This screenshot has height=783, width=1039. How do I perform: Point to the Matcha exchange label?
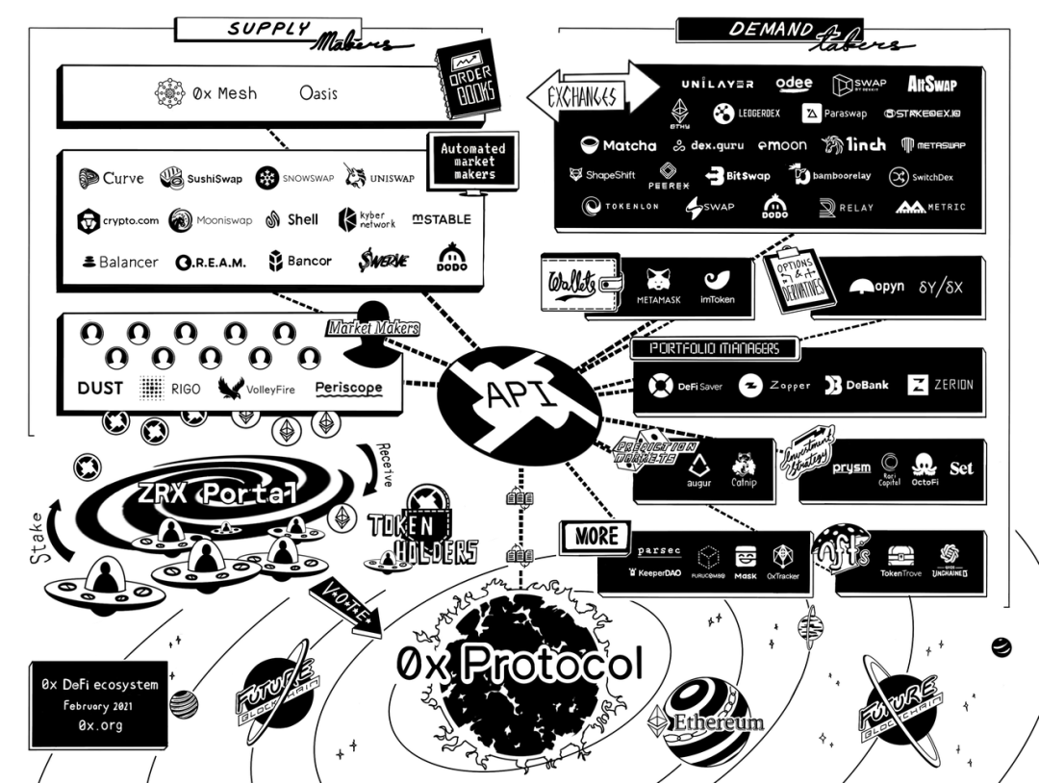coord(619,145)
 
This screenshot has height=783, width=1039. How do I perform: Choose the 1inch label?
coord(852,145)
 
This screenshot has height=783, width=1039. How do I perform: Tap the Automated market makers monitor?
coord(472,161)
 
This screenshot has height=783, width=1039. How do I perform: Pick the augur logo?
coord(697,467)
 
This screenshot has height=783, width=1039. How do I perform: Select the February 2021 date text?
coord(99,705)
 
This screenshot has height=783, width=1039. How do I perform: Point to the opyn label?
coord(877,287)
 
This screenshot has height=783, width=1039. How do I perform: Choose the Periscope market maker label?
coord(348,389)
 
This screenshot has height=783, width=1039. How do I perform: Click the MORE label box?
coord(596,536)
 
